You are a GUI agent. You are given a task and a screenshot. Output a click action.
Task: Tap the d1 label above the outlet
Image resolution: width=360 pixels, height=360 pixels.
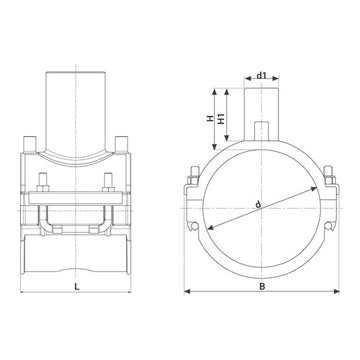(262, 73)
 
